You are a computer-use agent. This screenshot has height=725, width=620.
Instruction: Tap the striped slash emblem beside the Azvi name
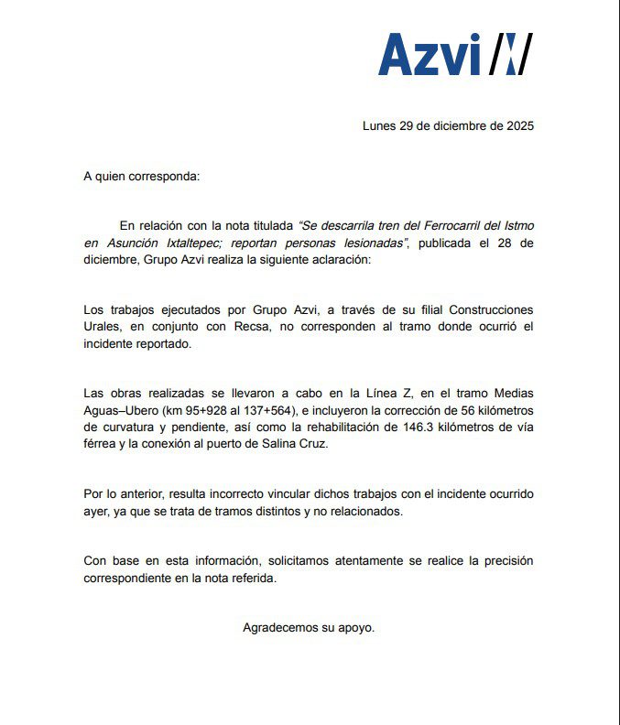510,55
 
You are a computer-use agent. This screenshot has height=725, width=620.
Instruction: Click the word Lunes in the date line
379,126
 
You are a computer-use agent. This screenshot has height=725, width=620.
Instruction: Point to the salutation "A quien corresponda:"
140,175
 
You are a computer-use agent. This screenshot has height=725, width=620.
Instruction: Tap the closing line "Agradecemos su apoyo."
309,628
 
